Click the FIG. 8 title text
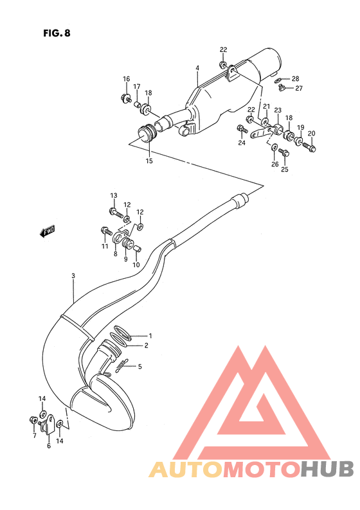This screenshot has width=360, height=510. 57,33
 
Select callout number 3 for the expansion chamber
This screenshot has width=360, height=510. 73,276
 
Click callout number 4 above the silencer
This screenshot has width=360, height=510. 197,69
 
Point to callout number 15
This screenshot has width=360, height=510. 148,161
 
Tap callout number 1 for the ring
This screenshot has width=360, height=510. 150,335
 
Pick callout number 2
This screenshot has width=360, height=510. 146,346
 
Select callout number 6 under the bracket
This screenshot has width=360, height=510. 48,444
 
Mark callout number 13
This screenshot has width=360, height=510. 113,195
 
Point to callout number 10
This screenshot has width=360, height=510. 136,265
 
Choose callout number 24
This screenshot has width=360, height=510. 242,143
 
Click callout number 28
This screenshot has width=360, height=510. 295,78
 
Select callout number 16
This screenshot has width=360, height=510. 127,80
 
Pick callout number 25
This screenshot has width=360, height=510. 284,170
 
